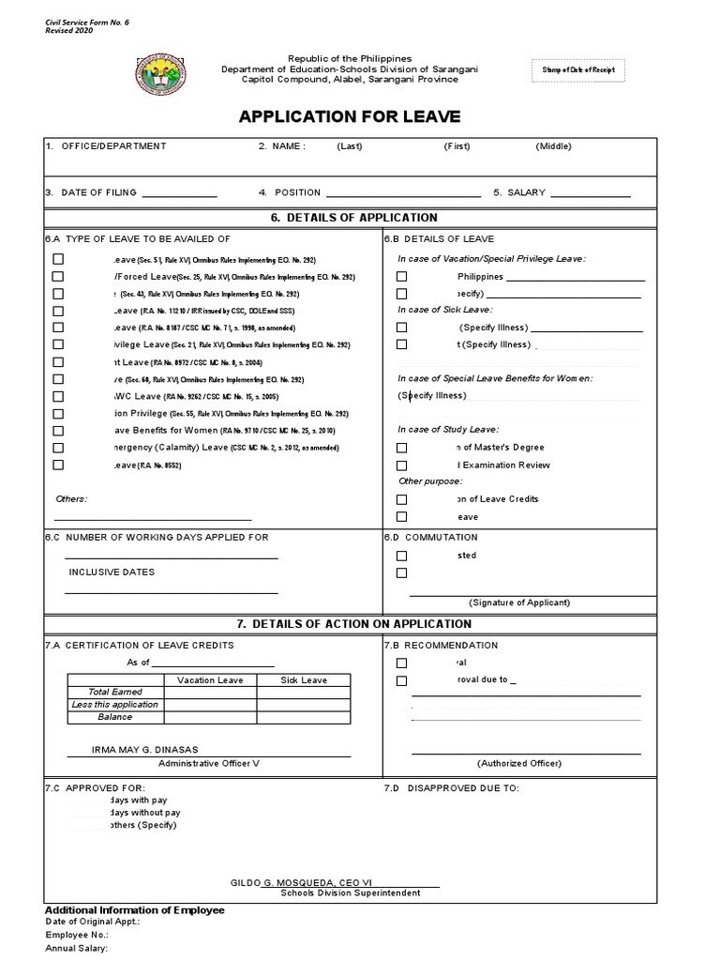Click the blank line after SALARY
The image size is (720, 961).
tap(590, 193)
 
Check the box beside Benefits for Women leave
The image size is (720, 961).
tap(58, 431)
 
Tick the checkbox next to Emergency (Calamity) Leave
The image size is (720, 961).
tap(58, 448)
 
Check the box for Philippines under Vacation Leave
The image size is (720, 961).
tap(401, 277)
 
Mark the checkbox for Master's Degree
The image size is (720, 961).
tap(401, 448)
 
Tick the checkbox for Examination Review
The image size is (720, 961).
tap(401, 465)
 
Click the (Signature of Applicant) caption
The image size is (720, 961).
tap(518, 603)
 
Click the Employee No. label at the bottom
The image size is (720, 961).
tap(77, 935)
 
